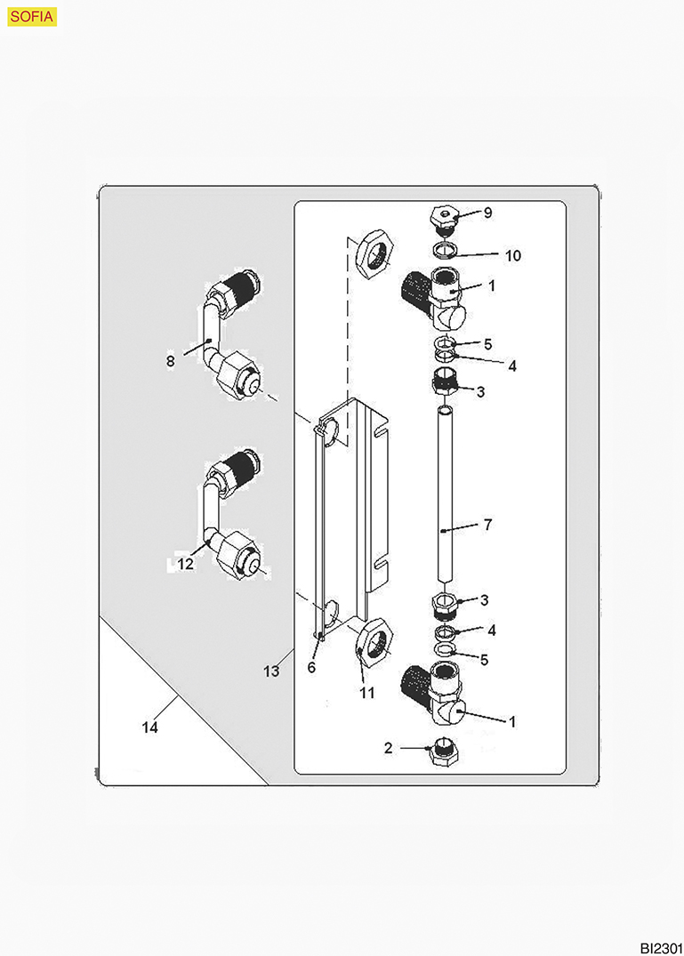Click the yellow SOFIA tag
tap(32, 17)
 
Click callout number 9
tap(487, 213)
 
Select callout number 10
tap(512, 255)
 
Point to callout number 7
tap(487, 526)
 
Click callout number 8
tap(170, 360)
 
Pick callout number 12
tap(185, 564)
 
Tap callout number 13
tap(271, 671)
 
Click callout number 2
tap(388, 749)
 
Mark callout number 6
tap(311, 668)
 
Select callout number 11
tap(366, 691)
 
